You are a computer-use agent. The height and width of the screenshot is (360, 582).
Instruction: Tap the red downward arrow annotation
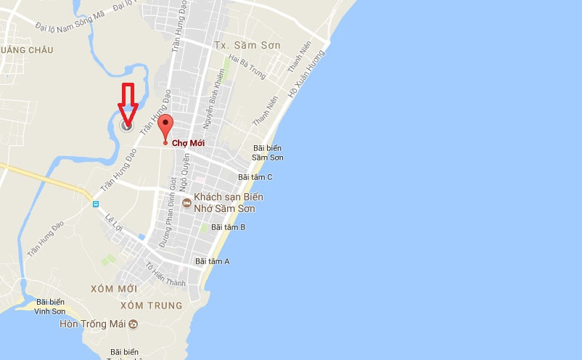pos(128,102)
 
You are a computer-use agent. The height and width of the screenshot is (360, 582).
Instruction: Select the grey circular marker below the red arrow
pos(127,126)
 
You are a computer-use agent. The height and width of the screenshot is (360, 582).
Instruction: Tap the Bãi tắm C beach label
pos(255,177)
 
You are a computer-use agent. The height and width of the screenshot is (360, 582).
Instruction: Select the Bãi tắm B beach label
pos(228,227)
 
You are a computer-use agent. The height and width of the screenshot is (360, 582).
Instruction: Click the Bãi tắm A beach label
pos(212,261)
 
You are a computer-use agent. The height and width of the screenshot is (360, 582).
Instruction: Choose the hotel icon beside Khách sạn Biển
pos(187,203)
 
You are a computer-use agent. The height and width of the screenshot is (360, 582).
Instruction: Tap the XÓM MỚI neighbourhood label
pos(114,289)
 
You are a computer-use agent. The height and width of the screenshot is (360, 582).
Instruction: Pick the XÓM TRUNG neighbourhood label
pos(156,306)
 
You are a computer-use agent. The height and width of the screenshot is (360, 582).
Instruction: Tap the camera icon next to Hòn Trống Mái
pos(134,324)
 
